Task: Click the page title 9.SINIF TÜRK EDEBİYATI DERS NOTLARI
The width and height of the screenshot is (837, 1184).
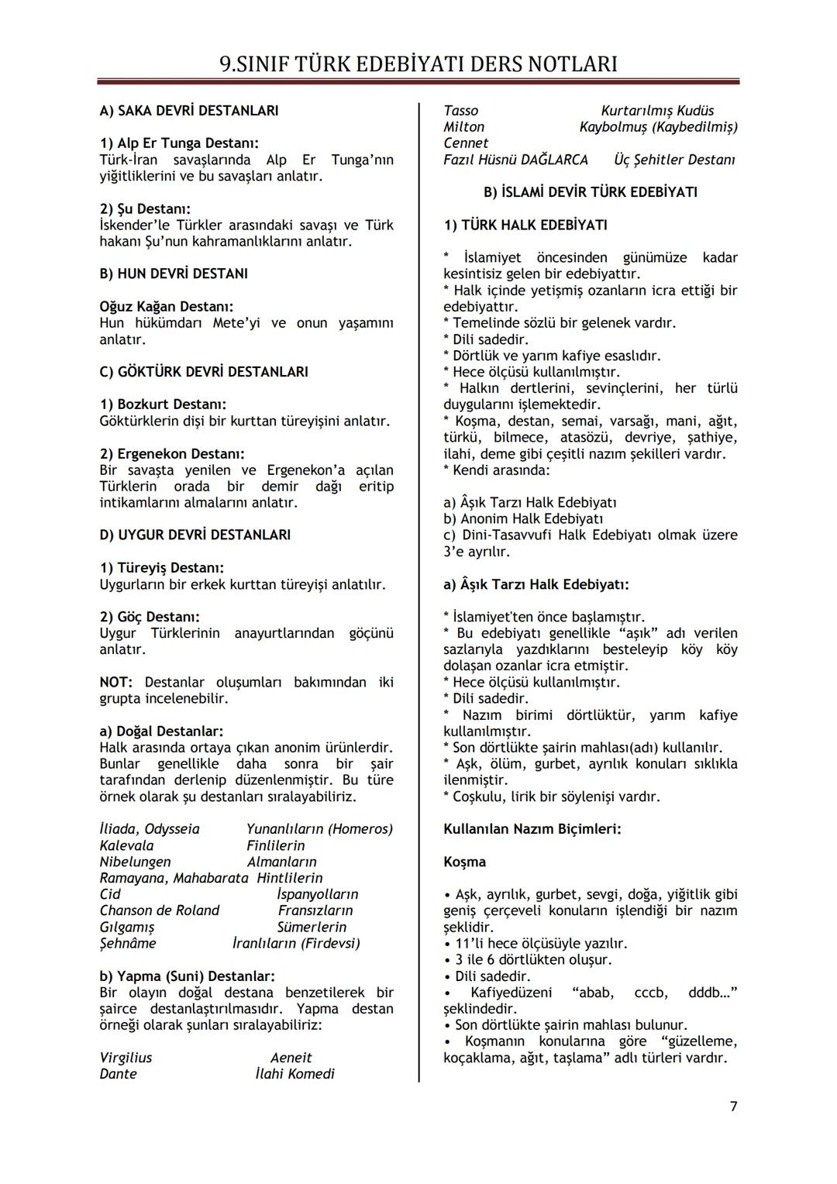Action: coord(418,64)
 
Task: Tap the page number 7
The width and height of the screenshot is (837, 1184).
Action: coord(733,1106)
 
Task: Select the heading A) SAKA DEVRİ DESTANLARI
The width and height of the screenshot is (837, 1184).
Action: coord(188,111)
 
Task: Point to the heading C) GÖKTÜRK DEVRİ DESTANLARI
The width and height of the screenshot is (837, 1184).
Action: coord(203,372)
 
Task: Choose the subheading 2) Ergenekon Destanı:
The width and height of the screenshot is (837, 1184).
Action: coord(171,453)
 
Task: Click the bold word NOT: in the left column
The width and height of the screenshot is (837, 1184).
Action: coord(115,683)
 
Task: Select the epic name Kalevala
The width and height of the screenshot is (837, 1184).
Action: coord(126,845)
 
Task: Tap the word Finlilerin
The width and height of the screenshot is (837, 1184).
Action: coord(276,845)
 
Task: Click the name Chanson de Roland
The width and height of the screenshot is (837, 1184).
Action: coord(159,910)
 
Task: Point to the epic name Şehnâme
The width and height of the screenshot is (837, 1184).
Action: coord(128,943)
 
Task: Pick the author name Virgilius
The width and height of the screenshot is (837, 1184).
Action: coord(126,1058)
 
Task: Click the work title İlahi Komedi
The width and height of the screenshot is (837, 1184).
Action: coord(294,1074)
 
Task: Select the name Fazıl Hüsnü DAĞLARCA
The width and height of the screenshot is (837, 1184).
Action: coord(515,160)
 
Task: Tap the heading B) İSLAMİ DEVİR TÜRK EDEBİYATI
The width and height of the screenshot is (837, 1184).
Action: coord(590,192)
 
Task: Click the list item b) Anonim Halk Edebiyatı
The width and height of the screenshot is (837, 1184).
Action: coord(523,519)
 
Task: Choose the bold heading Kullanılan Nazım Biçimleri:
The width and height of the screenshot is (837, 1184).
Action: coord(532,829)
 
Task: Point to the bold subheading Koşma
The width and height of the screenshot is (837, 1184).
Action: coord(464,862)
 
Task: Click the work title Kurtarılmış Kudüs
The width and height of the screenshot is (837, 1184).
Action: coord(657,111)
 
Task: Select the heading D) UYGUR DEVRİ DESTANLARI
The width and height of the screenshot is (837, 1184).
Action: coord(195,535)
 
